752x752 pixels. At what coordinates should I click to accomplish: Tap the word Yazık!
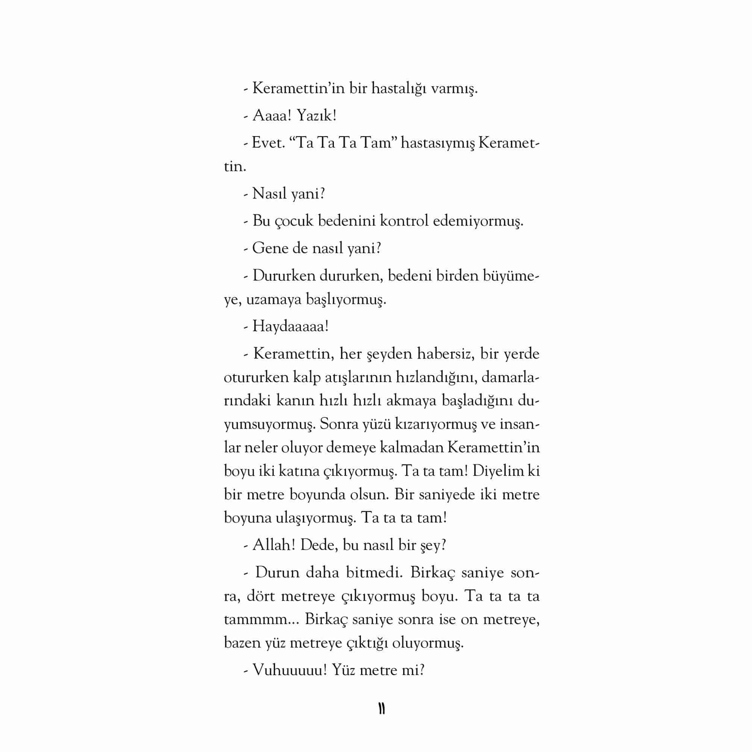coord(316,115)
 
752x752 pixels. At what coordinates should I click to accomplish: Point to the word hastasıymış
coord(437,143)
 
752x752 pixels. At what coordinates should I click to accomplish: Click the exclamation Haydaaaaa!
coord(290,326)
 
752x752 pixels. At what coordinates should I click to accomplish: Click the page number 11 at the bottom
coord(381,709)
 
